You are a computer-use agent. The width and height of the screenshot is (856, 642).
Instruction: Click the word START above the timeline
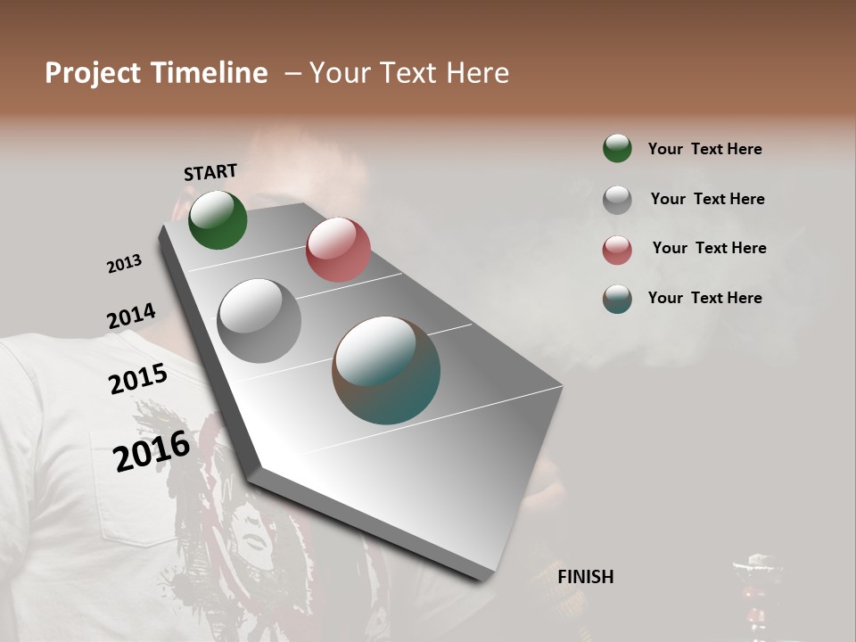pyautogui.click(x=210, y=171)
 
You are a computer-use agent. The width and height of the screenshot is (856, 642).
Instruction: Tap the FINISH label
pyautogui.click(x=585, y=577)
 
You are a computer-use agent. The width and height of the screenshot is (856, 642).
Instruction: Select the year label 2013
pyautogui.click(x=125, y=264)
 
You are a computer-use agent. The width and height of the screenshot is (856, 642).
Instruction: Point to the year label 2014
pyautogui.click(x=131, y=317)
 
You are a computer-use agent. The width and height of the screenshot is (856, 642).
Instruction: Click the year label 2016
pyautogui.click(x=152, y=450)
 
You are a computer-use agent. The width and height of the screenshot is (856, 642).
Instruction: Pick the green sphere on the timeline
pyautogui.click(x=218, y=219)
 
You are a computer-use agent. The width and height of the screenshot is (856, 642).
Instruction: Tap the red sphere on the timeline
pyautogui.click(x=338, y=249)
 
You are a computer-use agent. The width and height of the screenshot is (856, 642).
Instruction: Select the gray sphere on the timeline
pyautogui.click(x=259, y=321)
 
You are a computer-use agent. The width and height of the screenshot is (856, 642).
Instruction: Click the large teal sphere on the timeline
pyautogui.click(x=386, y=370)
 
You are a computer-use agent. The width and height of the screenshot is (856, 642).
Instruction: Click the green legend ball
pyautogui.click(x=617, y=148)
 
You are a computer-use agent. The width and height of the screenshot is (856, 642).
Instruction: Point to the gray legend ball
pyautogui.click(x=617, y=200)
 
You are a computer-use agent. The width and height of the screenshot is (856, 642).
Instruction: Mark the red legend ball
pyautogui.click(x=617, y=250)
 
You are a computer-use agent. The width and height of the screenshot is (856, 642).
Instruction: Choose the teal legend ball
pyautogui.click(x=617, y=299)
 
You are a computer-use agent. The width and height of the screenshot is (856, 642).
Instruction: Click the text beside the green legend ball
pyautogui.click(x=704, y=149)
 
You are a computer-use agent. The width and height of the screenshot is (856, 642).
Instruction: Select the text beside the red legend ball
pyautogui.click(x=709, y=248)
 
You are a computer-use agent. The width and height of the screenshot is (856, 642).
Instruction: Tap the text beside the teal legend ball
pyautogui.click(x=704, y=298)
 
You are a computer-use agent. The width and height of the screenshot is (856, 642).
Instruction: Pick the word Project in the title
pyautogui.click(x=93, y=73)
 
